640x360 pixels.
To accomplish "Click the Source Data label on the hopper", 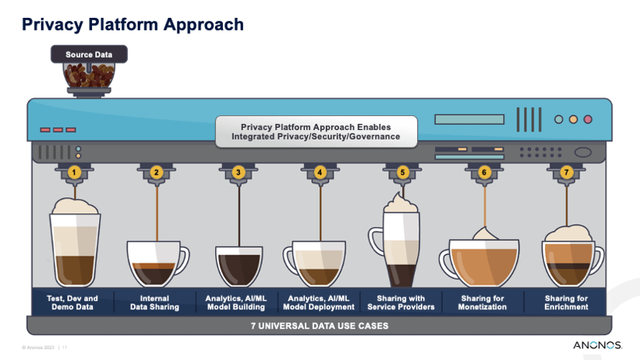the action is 89,55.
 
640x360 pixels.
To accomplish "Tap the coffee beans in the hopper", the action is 89,76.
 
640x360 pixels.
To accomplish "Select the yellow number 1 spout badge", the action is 74,172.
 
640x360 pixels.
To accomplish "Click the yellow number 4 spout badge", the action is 320,172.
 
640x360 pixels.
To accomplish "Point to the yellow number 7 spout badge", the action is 566,172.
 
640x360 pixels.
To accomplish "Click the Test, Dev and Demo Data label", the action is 72,302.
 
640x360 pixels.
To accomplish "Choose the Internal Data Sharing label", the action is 154,302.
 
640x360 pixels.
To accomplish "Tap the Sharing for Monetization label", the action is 483,302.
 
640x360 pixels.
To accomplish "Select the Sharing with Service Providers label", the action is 401,302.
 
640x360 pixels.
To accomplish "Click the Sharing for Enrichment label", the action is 566,302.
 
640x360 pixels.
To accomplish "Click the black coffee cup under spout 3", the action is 239,266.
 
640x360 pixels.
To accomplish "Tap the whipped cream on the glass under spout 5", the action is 401,203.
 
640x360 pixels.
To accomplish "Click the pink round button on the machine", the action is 588,119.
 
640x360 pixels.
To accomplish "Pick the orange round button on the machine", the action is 574,119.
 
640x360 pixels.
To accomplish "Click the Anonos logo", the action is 598,345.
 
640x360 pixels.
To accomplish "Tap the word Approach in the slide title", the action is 203,25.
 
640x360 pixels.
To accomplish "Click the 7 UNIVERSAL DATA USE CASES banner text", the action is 320,326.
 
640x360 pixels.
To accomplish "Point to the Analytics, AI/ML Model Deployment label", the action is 319,302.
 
